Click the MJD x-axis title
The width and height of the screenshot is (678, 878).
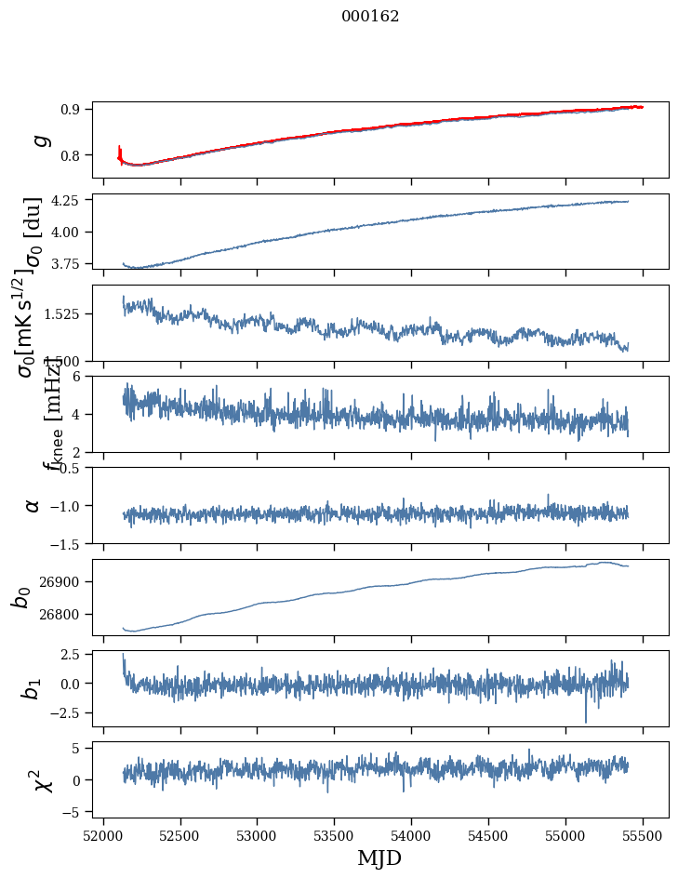379,858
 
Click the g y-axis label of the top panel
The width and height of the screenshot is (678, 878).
38,140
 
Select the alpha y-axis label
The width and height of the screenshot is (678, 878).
33,505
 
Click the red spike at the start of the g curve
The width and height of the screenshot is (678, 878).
120,151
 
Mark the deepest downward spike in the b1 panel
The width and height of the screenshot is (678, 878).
586,721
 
